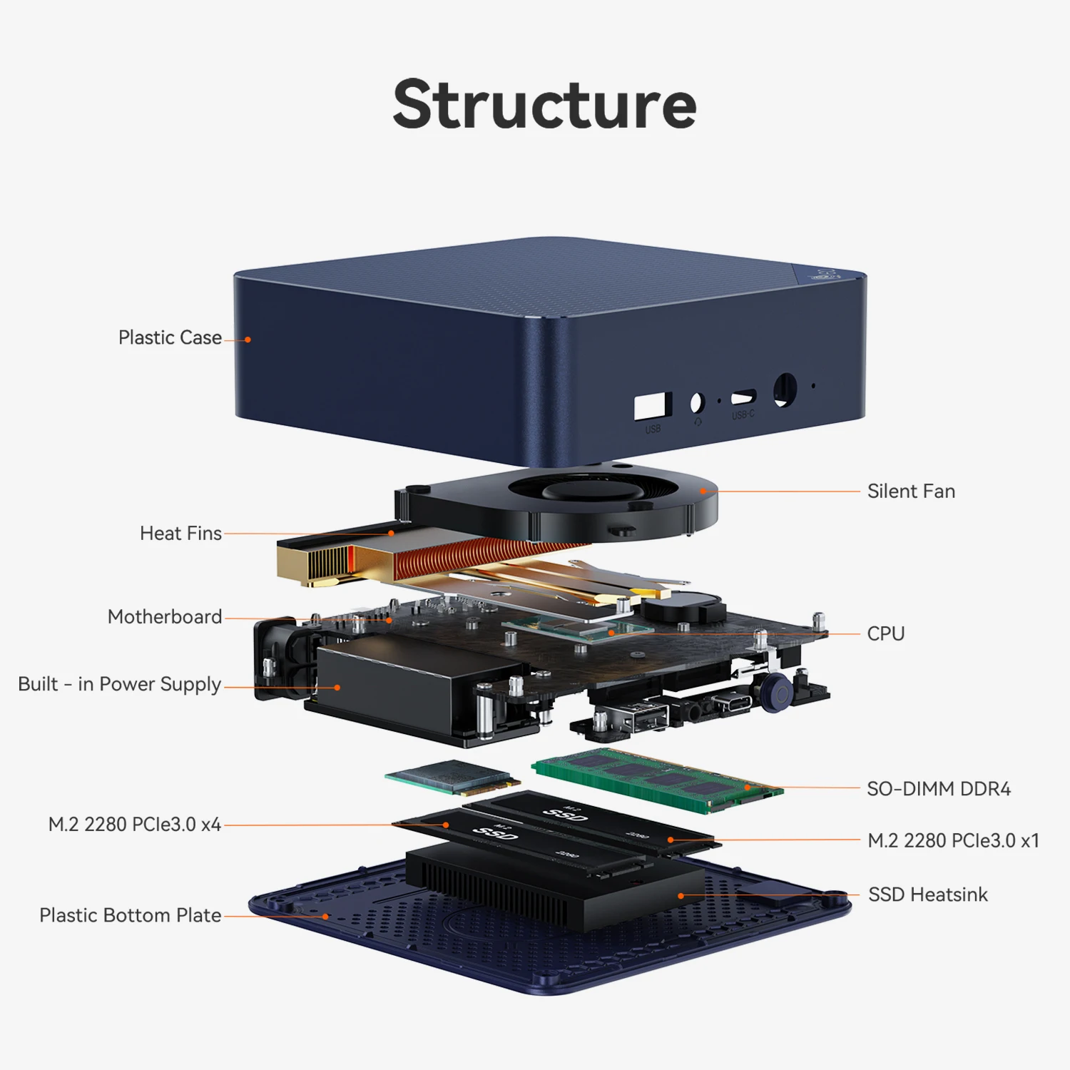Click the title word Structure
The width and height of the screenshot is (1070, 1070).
point(544,105)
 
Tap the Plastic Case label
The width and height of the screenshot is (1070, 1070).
point(170,337)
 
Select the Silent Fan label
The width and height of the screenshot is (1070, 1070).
point(911,491)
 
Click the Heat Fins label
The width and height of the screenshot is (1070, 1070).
point(180,534)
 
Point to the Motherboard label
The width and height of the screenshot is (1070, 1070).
point(165,617)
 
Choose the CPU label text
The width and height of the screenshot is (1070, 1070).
point(885,634)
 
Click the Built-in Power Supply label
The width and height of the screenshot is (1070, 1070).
point(119,684)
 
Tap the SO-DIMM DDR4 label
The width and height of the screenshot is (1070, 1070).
point(939,789)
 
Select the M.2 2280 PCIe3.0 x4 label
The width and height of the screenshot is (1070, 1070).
point(134,825)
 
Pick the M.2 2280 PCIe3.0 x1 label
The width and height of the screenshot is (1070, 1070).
point(953,841)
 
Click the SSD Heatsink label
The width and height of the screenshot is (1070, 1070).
point(927,895)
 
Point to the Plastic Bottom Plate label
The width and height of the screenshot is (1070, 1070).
point(130,915)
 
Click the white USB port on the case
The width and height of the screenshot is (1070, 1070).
point(652,406)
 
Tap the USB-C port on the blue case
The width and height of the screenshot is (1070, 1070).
point(743,397)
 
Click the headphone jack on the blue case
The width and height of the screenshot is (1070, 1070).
point(697,403)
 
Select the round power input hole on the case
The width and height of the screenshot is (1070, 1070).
point(785,389)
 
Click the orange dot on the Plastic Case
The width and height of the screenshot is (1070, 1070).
point(248,340)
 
